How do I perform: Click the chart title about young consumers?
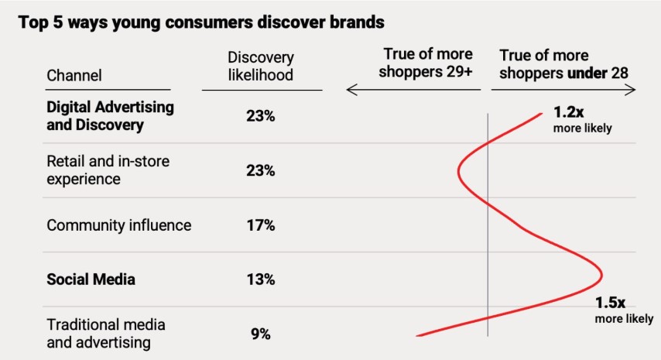pos(201,22)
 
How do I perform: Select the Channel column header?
pos(74,75)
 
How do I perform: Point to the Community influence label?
pos(119,225)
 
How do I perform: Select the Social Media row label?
pos(91,279)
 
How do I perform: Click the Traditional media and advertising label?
pos(106,333)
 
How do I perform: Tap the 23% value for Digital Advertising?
pos(261,116)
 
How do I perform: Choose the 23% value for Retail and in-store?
pos(261,170)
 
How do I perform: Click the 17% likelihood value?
pos(261,225)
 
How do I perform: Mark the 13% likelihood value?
pos(261,279)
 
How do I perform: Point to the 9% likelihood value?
pos(261,334)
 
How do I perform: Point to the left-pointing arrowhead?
pos(351,91)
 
